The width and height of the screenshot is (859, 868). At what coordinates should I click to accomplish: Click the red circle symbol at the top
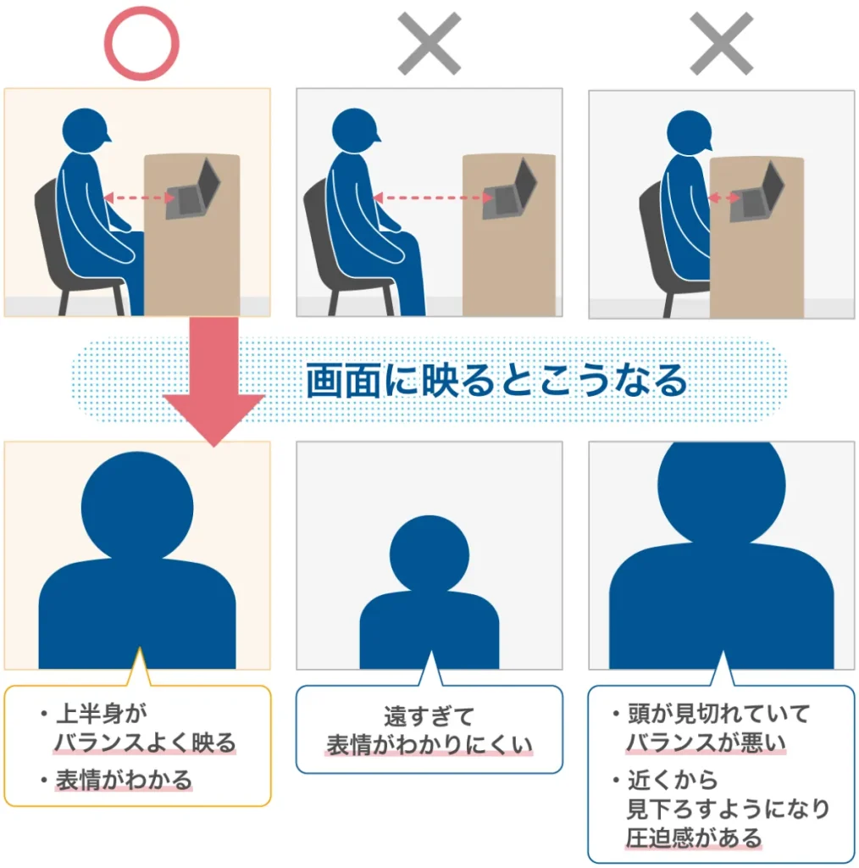tap(141, 42)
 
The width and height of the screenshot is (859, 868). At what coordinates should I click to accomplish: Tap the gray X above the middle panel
tap(429, 42)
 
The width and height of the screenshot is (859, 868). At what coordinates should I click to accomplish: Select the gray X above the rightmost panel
tap(721, 42)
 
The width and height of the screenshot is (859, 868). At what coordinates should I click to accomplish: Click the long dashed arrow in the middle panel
tap(433, 198)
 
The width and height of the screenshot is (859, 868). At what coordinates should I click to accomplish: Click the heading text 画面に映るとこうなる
tap(496, 382)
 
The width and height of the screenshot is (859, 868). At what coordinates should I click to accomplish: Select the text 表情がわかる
tap(125, 779)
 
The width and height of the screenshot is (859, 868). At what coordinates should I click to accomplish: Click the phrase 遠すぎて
tap(429, 716)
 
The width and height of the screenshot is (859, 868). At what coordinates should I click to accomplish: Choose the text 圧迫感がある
tap(694, 838)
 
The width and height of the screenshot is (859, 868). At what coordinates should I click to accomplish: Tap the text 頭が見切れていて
tap(718, 714)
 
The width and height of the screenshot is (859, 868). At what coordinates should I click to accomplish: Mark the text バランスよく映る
tap(145, 743)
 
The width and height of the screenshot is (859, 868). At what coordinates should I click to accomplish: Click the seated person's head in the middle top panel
tap(357, 128)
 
